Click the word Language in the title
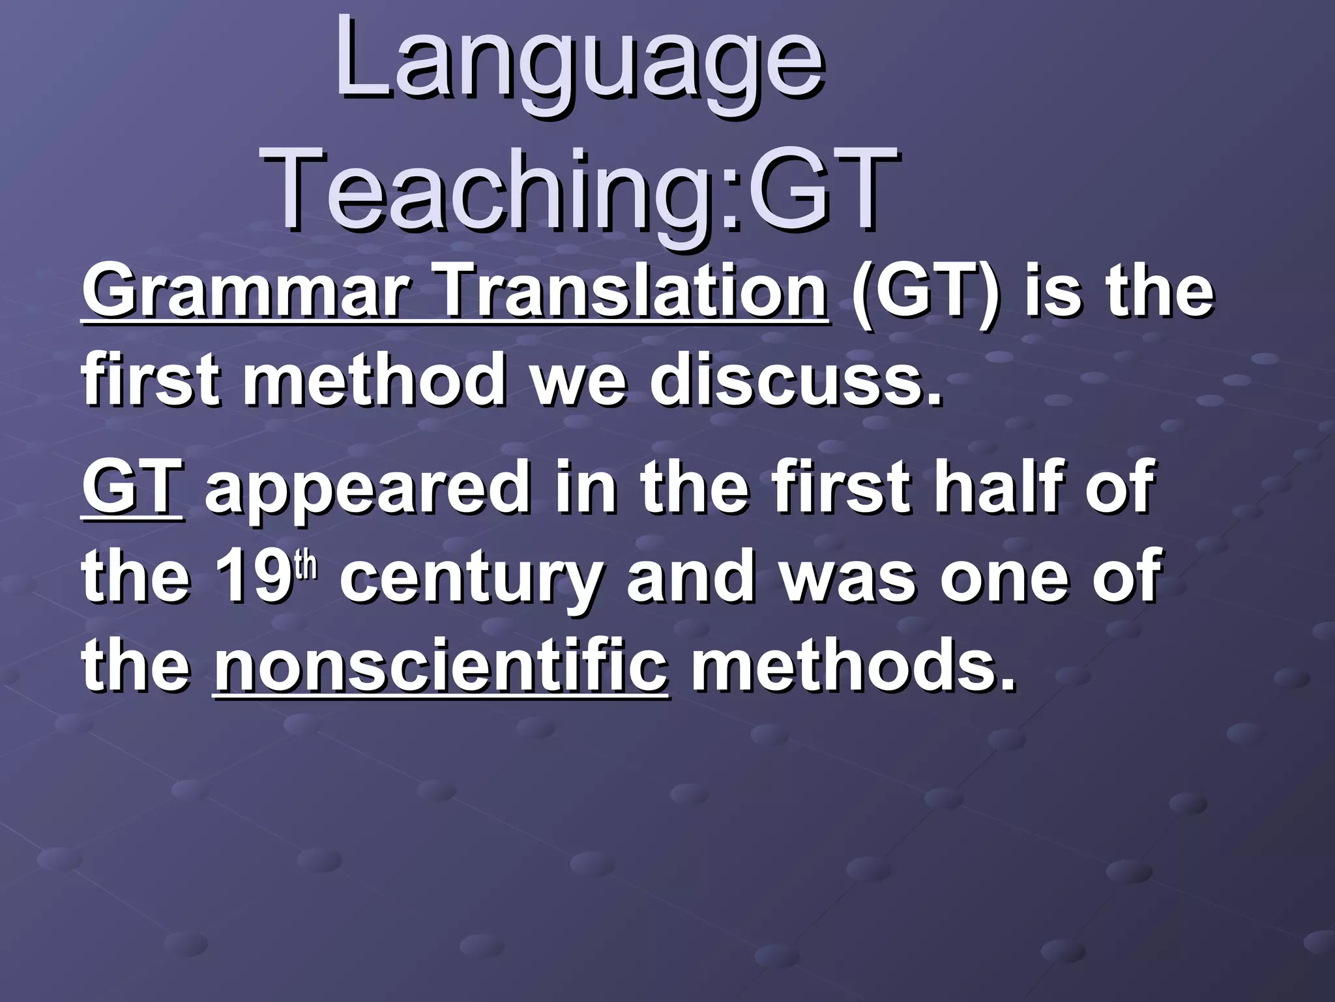point(580,65)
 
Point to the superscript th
point(306,565)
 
